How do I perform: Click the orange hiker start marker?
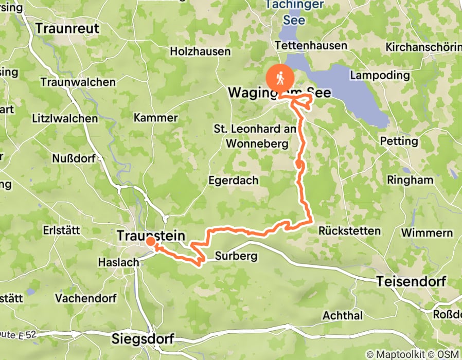click(x=280, y=78)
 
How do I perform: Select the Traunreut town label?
click(x=67, y=28)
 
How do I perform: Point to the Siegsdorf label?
click(x=143, y=339)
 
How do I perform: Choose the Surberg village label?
click(x=236, y=256)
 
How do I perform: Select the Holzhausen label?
click(x=200, y=51)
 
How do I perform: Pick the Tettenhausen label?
click(x=311, y=46)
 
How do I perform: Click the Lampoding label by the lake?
click(x=379, y=75)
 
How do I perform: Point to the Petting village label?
click(x=399, y=141)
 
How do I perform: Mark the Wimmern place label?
click(x=427, y=233)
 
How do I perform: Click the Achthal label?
click(x=343, y=315)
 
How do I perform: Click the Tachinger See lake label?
click(x=294, y=13)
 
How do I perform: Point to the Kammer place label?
click(x=155, y=118)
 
